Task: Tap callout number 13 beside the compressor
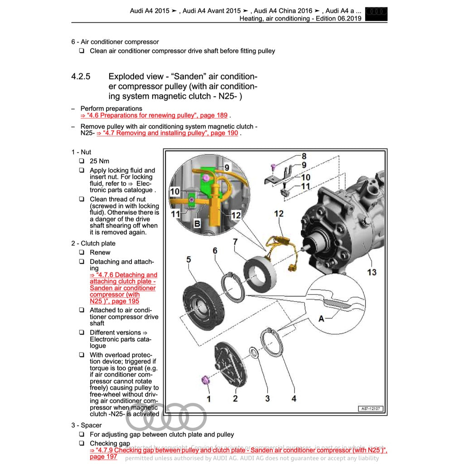372,272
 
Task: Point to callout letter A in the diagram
321,319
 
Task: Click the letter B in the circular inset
197,223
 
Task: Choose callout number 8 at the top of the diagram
304,157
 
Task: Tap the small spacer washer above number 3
254,353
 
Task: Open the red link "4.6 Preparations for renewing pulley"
154,116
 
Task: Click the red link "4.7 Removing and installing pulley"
167,133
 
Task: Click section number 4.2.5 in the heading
81,77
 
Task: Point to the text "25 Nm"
99,161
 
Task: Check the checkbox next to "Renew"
82,252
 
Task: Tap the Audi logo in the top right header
376,14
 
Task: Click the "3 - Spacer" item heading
86,425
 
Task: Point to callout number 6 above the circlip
215,251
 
